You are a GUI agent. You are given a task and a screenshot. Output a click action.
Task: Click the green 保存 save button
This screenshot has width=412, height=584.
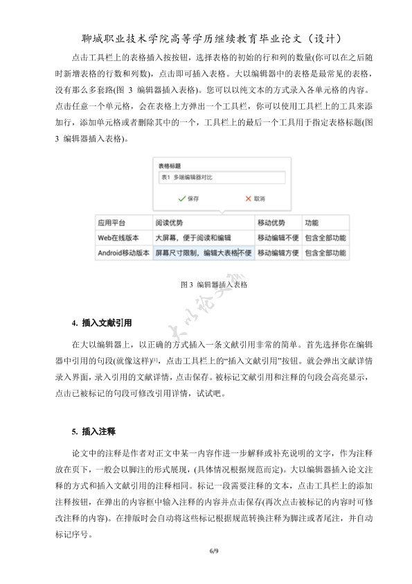[188, 198]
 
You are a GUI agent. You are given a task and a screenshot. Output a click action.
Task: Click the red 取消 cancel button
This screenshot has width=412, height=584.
[255, 198]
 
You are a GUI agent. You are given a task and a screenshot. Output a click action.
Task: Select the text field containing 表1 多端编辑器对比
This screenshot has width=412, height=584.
[221, 178]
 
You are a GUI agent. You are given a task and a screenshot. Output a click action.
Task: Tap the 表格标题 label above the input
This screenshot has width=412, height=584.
[170, 166]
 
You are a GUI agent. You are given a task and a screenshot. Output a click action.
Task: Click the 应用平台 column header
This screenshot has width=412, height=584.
[111, 223]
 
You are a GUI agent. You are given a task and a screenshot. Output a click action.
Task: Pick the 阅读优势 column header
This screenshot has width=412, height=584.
[169, 223]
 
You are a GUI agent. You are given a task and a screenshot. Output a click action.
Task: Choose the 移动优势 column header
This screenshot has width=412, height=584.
[271, 223]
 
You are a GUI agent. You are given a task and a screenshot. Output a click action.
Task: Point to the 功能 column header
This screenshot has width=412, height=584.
[312, 223]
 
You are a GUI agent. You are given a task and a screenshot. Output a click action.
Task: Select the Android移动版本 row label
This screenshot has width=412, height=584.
[124, 253]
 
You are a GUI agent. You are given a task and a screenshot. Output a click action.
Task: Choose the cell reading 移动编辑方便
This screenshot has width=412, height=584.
[278, 253]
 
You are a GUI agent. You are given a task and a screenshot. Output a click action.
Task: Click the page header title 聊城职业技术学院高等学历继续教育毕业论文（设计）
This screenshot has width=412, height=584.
[206, 37]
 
